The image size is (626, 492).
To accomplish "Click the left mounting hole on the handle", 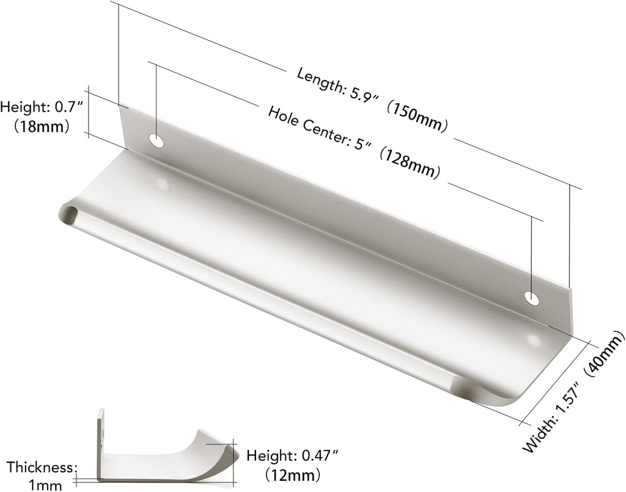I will (157, 142).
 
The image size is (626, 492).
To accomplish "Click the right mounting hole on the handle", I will (532, 298).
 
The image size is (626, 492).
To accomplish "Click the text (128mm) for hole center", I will (408, 162).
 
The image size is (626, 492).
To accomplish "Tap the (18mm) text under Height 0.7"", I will (40, 126).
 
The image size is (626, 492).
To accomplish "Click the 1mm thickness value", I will (45, 485).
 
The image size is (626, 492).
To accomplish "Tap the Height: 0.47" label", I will (292, 455).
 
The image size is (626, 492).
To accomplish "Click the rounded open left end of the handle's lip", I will (68, 214).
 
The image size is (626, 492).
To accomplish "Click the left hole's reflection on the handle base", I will (163, 183).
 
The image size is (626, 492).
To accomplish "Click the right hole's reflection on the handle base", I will (534, 340).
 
